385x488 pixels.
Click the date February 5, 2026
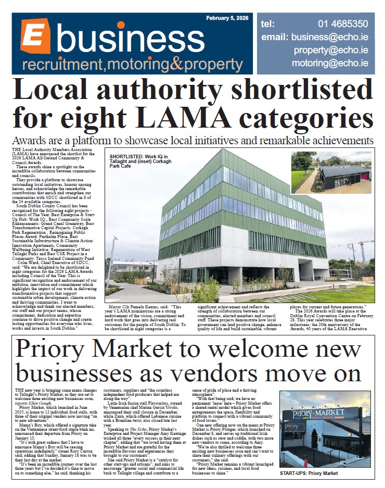point(228,18)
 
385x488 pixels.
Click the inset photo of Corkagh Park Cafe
point(331,172)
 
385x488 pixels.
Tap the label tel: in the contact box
point(268,24)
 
